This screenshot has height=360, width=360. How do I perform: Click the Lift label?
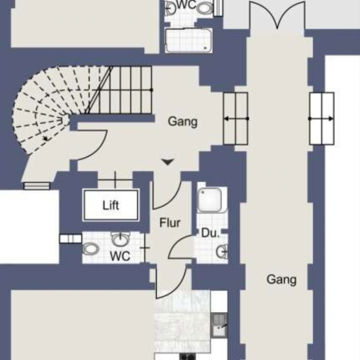[111, 205]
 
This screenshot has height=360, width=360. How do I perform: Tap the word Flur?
[170, 223]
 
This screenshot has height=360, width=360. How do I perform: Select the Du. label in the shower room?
[210, 233]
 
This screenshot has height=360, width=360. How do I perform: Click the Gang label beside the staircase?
[183, 121]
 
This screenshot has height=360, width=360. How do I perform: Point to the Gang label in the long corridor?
[282, 279]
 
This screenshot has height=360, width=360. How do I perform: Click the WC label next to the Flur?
[120, 256]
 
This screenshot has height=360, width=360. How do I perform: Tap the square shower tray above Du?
[210, 200]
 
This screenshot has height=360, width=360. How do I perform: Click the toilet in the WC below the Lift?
[91, 249]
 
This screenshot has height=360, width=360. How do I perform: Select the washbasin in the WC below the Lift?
[120, 239]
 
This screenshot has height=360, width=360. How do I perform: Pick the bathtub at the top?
[189, 40]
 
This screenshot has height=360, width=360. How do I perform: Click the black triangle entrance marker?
[167, 162]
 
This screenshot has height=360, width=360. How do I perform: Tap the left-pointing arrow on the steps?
[236, 119]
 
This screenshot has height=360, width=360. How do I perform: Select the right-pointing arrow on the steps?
[321, 119]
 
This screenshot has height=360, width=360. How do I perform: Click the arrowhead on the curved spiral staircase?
[46, 138]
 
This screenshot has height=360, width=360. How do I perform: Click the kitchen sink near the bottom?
[219, 325]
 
